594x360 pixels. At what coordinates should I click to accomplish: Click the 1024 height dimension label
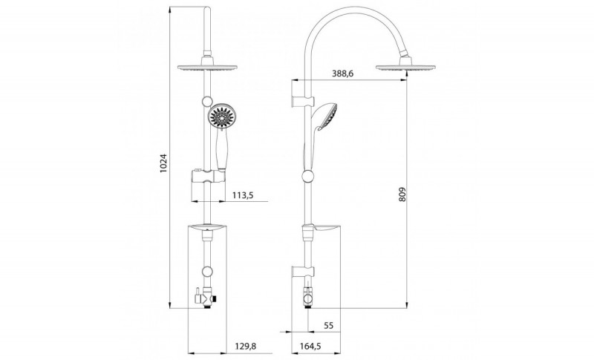click(163, 163)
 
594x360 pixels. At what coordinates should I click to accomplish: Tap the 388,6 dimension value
click(342, 73)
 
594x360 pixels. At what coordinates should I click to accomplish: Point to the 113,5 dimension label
click(243, 195)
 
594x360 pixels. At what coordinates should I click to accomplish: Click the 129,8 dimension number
click(246, 346)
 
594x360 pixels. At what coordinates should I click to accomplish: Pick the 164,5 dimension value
click(310, 346)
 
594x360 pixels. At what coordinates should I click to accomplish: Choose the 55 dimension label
click(329, 326)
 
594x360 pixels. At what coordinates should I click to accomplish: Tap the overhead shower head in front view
click(207, 68)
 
